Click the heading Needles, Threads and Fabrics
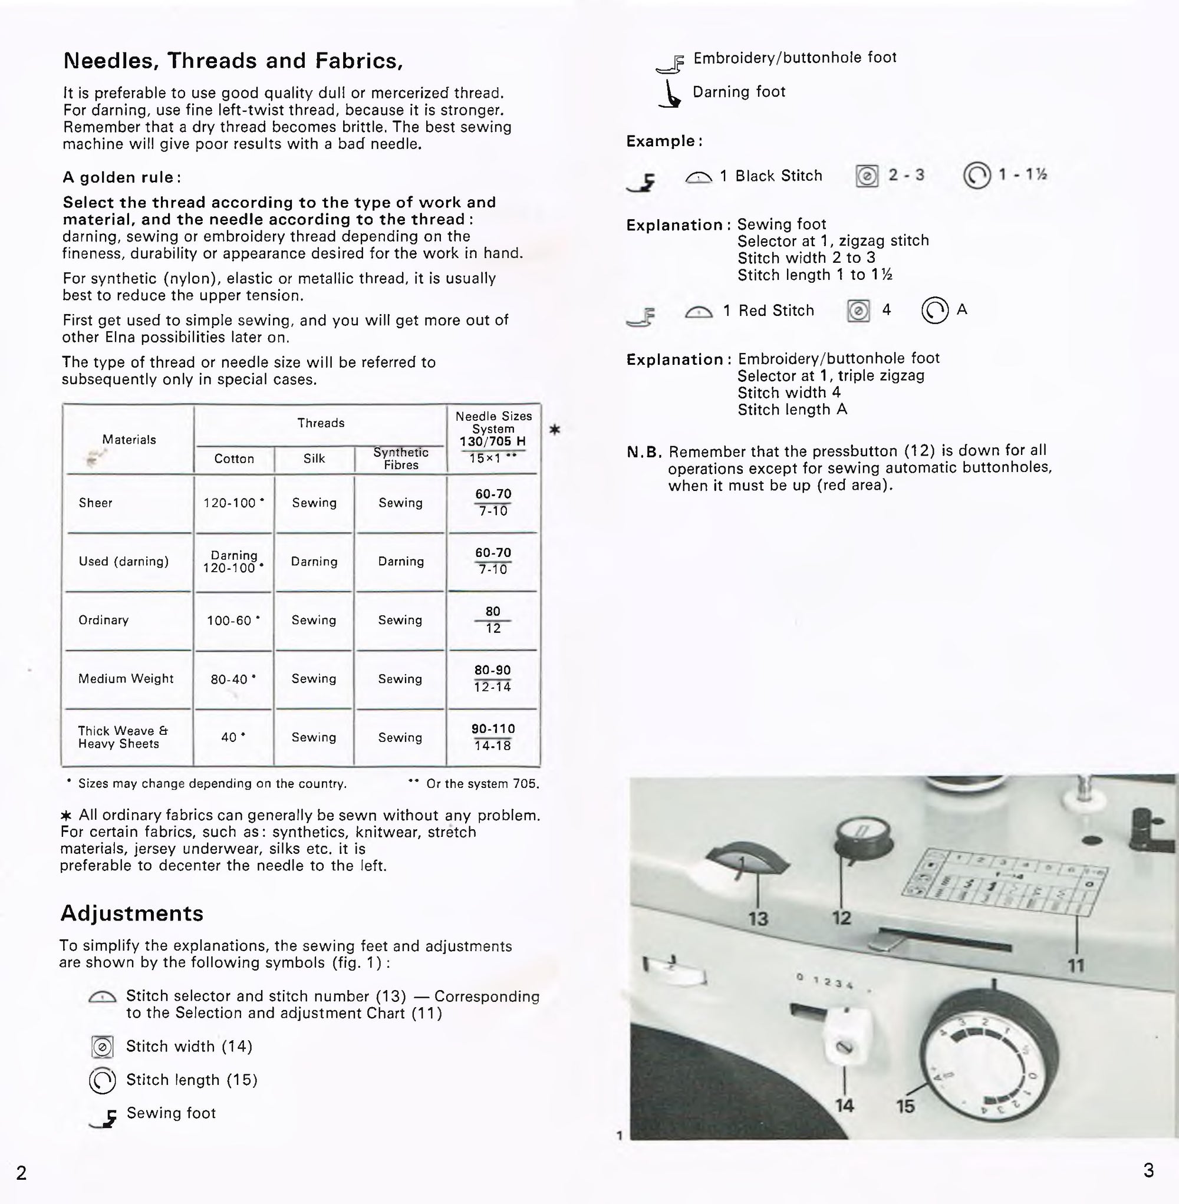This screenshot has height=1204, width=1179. click(233, 61)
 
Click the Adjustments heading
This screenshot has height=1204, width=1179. click(131, 913)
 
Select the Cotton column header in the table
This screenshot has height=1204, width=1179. click(234, 458)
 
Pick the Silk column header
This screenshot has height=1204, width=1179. click(314, 458)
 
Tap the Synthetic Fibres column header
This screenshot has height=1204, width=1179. click(401, 458)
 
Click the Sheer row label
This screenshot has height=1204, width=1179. click(95, 503)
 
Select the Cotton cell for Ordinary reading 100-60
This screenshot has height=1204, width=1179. click(233, 619)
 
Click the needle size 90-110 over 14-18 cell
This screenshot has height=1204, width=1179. click(493, 737)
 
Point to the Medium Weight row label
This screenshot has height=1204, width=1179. click(126, 678)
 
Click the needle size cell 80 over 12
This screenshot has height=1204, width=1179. click(493, 619)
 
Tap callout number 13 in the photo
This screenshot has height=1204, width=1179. click(758, 919)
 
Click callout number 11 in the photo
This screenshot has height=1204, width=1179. click(1076, 965)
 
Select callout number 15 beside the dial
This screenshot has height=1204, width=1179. click(905, 1106)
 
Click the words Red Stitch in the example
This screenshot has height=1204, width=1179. click(776, 311)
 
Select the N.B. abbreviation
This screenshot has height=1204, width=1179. click(643, 452)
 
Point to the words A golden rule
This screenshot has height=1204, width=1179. click(121, 177)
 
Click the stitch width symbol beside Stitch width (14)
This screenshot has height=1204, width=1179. click(101, 1047)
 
